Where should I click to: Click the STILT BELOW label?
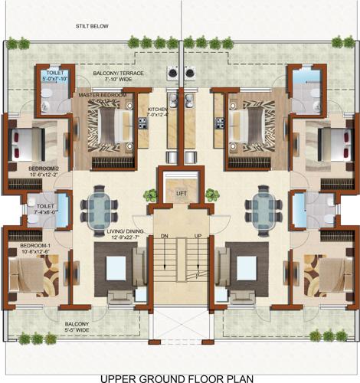coord(90,26)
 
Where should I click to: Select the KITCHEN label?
coord(157,110)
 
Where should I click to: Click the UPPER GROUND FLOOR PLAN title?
coord(179,376)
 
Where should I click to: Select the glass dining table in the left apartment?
coord(101,208)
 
